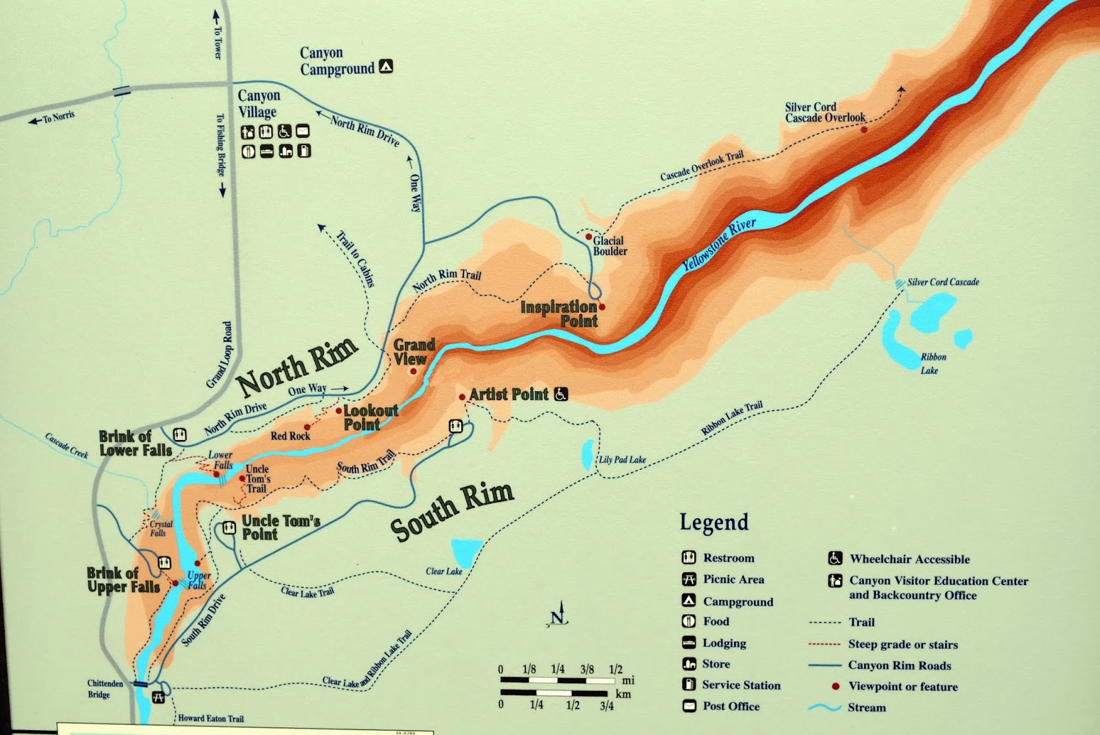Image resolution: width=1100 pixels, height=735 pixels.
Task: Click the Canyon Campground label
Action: (x=337, y=61)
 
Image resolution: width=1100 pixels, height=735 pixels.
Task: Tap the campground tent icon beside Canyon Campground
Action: (x=386, y=67)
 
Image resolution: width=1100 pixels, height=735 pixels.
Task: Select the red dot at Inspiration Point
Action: (x=602, y=307)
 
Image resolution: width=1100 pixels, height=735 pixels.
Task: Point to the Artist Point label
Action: (x=509, y=394)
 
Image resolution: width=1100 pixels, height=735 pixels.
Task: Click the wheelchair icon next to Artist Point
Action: (x=561, y=394)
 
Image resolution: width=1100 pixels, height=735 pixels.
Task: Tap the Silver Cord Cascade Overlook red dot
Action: (x=864, y=129)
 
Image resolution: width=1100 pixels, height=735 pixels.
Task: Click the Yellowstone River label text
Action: (x=719, y=244)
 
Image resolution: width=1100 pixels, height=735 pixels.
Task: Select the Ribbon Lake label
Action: (x=932, y=364)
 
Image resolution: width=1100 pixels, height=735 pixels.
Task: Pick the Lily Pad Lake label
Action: (x=622, y=459)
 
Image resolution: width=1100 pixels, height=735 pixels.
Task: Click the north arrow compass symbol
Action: (x=559, y=614)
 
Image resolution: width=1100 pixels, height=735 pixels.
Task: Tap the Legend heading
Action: (x=714, y=523)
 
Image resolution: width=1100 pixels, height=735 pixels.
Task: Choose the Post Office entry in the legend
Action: (x=731, y=706)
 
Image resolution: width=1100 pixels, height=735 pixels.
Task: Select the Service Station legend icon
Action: (x=689, y=684)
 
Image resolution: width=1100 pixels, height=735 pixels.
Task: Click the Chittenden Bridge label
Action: (x=104, y=689)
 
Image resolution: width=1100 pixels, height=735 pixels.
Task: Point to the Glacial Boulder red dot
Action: (x=588, y=237)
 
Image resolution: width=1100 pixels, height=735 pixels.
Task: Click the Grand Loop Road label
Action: (x=219, y=355)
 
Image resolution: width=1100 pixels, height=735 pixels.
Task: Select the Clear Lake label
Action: (x=444, y=571)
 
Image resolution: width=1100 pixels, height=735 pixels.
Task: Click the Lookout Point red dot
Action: (x=339, y=411)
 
